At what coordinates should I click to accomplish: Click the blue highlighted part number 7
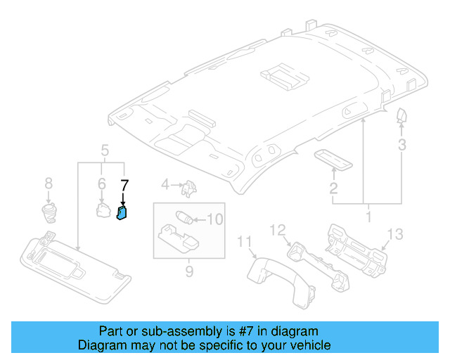coord(122,212)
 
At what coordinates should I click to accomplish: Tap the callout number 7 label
coord(124,186)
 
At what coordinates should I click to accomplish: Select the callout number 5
coord(105,150)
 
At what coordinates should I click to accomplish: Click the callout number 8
coord(49,184)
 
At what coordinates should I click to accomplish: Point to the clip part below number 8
coord(49,210)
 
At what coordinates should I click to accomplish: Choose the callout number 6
coord(101,184)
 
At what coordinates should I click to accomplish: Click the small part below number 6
coord(102,210)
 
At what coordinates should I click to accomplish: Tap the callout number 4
coord(165,185)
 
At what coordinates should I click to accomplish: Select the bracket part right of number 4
coord(188,188)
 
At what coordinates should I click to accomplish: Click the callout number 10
coord(214,219)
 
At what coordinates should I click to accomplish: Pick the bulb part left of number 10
coord(185,217)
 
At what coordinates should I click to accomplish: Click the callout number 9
coord(189,271)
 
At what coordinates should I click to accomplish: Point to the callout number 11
coord(244,243)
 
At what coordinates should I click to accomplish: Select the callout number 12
coord(278,229)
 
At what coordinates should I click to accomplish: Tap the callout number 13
coord(396,234)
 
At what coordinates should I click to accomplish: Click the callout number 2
coord(333,188)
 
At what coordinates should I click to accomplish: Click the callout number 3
coord(401,146)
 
